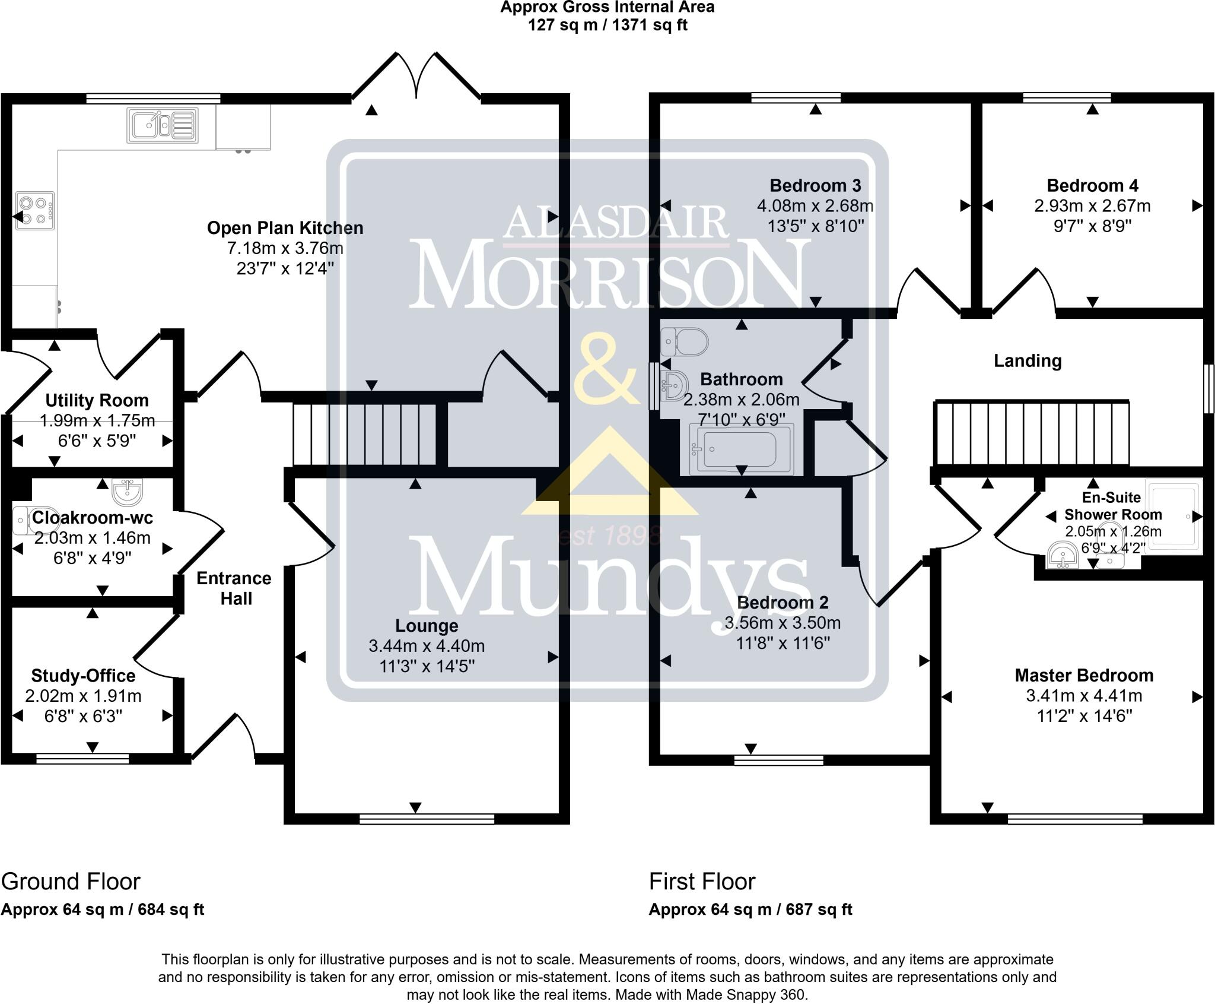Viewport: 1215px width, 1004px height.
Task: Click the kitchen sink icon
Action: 162,125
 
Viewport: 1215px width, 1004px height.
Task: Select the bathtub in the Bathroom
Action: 742,449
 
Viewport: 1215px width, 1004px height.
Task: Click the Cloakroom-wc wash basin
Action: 127,490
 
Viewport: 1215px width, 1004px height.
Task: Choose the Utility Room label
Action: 97,400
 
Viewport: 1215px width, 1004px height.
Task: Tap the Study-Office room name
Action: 83,676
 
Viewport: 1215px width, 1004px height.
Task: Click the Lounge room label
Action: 427,626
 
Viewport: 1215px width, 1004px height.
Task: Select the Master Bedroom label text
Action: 1084,676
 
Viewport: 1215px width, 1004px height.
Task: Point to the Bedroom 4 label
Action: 1092,186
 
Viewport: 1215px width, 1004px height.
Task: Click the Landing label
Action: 1028,361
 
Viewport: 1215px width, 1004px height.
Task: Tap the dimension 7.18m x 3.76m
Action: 285,248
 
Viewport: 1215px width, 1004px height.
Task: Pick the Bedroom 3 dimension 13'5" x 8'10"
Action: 815,226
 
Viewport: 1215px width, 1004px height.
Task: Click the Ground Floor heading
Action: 71,882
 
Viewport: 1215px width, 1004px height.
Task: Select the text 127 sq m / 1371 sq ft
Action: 607,26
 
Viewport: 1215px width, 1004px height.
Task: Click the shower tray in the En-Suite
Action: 1173,517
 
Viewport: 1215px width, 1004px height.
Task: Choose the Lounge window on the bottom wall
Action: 427,819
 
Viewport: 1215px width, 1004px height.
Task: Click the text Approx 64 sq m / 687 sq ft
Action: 750,910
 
